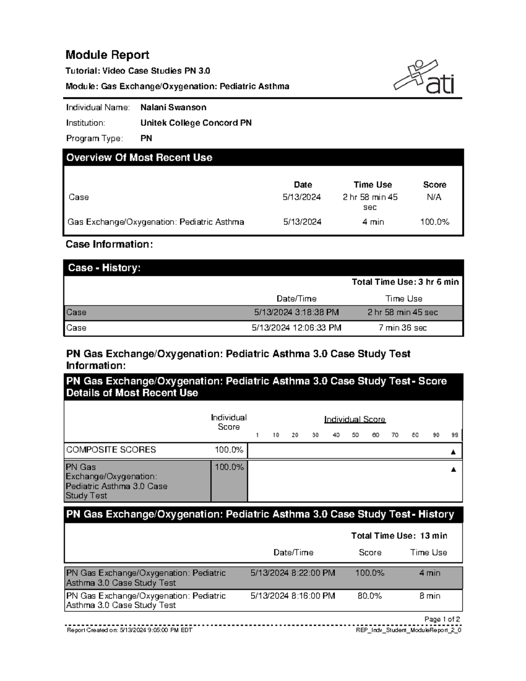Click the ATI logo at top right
pyautogui.click(x=424, y=77)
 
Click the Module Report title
pyautogui.click(x=107, y=55)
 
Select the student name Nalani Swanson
pyautogui.click(x=173, y=107)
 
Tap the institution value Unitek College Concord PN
pyautogui.click(x=196, y=123)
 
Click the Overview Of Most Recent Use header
pyautogui.click(x=139, y=158)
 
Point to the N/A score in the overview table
pyautogui.click(x=434, y=197)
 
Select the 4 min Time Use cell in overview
pyautogui.click(x=373, y=222)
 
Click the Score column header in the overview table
pyautogui.click(x=434, y=185)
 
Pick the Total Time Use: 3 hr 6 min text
pyautogui.click(x=405, y=282)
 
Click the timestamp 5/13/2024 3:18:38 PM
pyautogui.click(x=296, y=313)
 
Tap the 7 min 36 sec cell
pyautogui.click(x=402, y=328)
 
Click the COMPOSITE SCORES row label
pyautogui.click(x=111, y=450)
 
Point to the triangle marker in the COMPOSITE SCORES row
pyautogui.click(x=453, y=452)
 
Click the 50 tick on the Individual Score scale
pyautogui.click(x=355, y=435)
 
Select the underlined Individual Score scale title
pyautogui.click(x=355, y=420)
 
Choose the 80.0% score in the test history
pyautogui.click(x=370, y=596)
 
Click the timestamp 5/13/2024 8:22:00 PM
pyautogui.click(x=293, y=573)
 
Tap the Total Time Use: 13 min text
pyautogui.click(x=399, y=536)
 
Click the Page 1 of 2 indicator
pyautogui.click(x=442, y=619)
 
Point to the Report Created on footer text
pyautogui.click(x=129, y=630)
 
